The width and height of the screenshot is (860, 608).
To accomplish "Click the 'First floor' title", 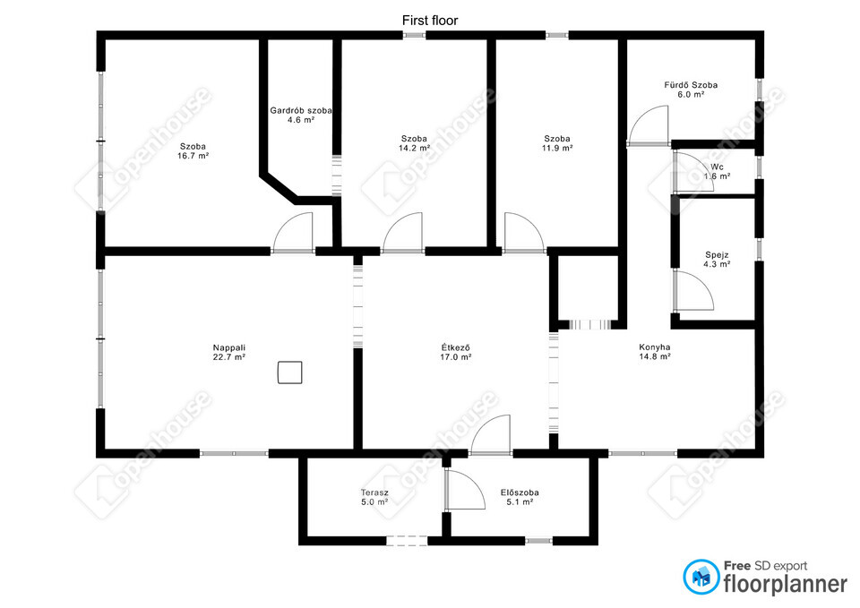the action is [430, 21].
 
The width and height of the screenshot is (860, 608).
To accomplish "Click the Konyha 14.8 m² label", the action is [654, 351].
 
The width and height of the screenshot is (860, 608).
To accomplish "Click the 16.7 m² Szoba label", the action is [193, 150].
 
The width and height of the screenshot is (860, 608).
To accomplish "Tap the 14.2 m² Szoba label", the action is [414, 143].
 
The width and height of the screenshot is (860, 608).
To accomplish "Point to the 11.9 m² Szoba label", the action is [557, 143].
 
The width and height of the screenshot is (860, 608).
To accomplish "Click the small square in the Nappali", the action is [289, 373].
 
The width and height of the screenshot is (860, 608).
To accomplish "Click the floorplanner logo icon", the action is [701, 577].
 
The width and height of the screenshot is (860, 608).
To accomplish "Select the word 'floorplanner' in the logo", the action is [786, 584].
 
